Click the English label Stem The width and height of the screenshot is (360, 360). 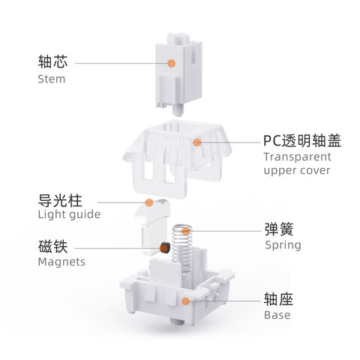click(x=52, y=79)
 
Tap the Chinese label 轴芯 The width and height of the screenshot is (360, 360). click(x=52, y=61)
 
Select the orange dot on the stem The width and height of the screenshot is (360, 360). click(x=171, y=63)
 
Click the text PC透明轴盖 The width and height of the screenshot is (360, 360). click(x=302, y=140)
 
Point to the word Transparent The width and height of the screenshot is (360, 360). click(x=298, y=157)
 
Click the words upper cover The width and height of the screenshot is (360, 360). click(x=297, y=171)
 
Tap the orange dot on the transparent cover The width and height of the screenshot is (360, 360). click(x=197, y=142)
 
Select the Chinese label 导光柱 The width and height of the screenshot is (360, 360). click(x=60, y=200)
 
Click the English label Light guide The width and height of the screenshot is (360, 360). click(x=69, y=214)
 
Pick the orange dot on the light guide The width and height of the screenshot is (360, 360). click(x=149, y=202)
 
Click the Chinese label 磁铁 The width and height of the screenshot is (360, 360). click(x=52, y=246)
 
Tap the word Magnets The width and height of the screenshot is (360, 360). click(x=61, y=262)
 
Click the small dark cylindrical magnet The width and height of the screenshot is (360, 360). click(x=165, y=247)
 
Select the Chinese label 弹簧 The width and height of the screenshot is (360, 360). click(x=279, y=229)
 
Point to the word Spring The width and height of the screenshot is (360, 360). click(x=283, y=245)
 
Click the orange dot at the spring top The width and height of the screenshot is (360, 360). click(x=185, y=231)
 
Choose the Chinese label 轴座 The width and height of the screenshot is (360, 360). click(x=278, y=299)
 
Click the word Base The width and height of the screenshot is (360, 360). click(x=277, y=315)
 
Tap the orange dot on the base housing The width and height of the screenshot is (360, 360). click(x=185, y=301)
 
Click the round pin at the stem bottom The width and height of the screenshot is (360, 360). click(x=178, y=110)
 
